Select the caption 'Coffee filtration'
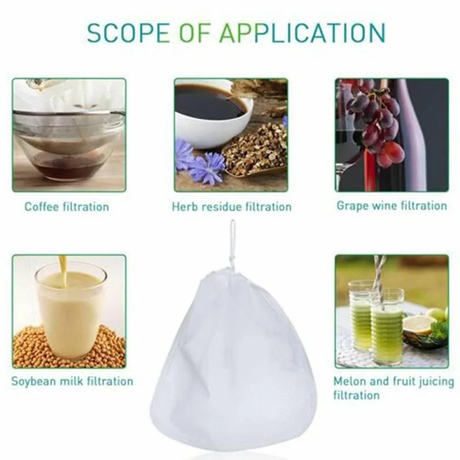click(67, 206)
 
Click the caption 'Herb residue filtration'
click(231, 206)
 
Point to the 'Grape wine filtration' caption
click(392, 205)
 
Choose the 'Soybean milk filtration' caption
click(72, 381)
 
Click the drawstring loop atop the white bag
click(232, 241)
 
